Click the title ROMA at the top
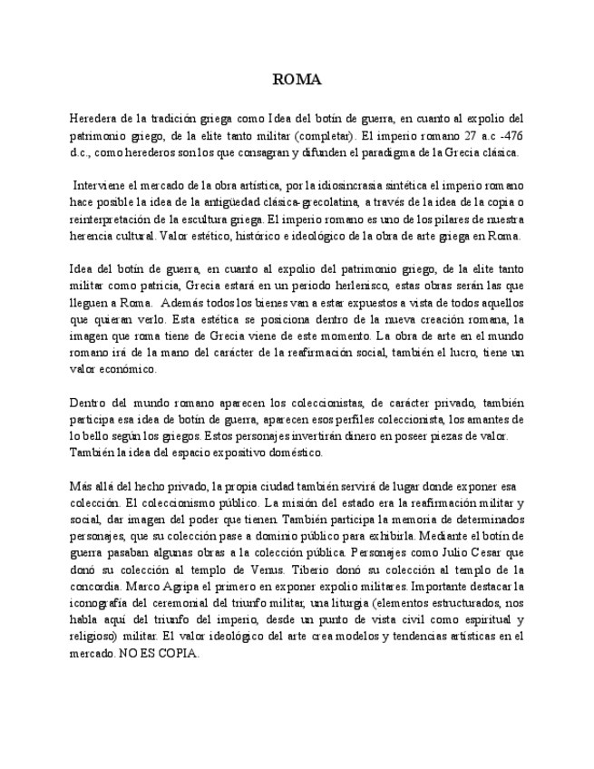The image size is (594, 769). [297, 80]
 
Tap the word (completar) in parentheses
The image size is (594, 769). [325, 136]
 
